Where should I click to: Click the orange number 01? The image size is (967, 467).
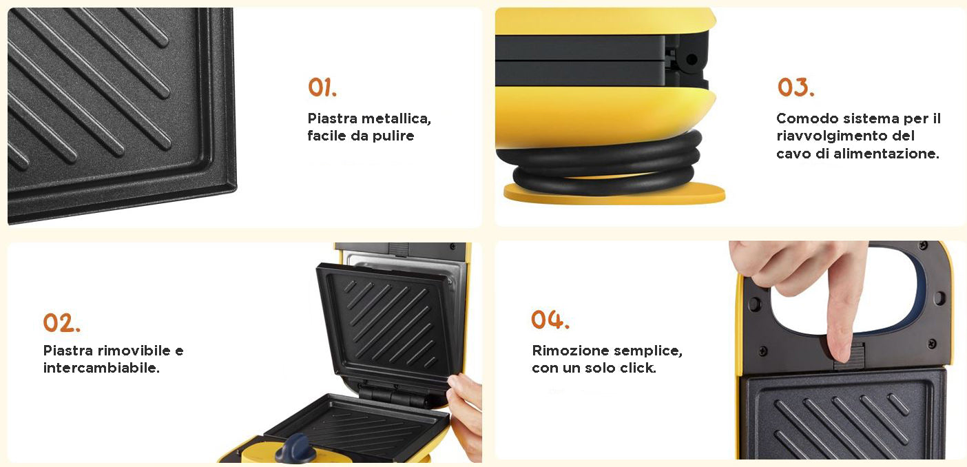322,87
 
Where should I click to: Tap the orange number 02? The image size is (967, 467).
61,322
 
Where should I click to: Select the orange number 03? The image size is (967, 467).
796,87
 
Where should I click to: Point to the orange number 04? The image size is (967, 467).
550,320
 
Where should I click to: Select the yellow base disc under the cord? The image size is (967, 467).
613,194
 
